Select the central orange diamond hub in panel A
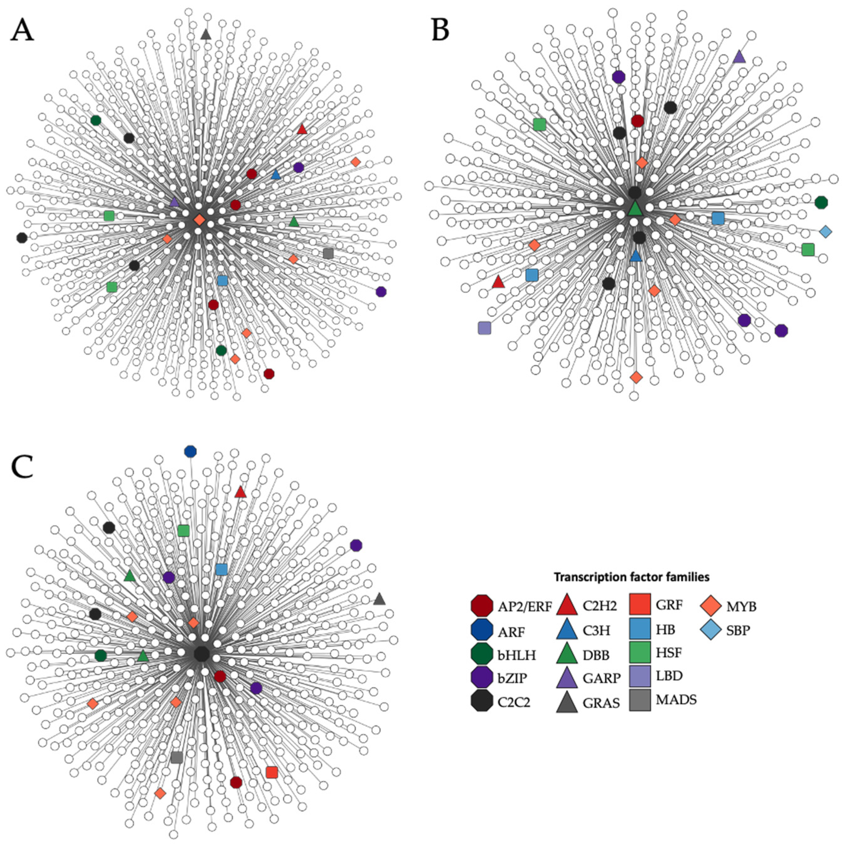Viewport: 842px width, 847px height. point(199,220)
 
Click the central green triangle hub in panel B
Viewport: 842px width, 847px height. point(635,209)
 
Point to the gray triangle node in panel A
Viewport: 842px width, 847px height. point(205,34)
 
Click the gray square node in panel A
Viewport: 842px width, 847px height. point(328,253)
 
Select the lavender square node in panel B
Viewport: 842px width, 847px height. point(484,328)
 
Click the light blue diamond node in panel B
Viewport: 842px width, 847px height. point(825,232)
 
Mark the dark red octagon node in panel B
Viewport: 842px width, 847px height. point(637,121)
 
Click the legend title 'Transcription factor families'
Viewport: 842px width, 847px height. point(631,577)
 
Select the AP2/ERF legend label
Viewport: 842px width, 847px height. point(525,607)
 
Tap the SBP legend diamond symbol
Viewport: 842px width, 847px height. point(711,630)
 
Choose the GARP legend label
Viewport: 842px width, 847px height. point(601,678)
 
